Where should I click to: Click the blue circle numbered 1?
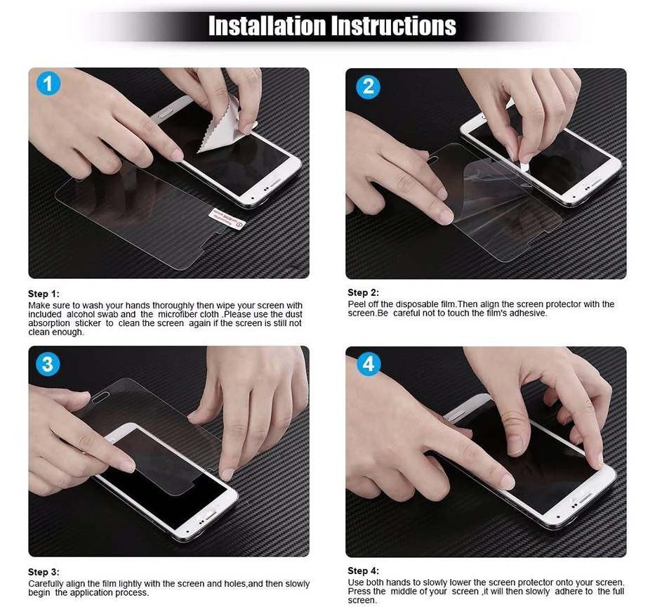click(x=48, y=84)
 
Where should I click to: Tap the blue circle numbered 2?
click(x=368, y=86)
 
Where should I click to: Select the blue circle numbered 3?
click(x=48, y=364)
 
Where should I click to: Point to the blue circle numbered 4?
click(x=368, y=364)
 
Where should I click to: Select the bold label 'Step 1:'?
click(x=44, y=294)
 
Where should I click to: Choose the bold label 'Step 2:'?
click(x=363, y=292)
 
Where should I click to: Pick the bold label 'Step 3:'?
click(x=44, y=572)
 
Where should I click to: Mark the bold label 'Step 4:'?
click(x=363, y=571)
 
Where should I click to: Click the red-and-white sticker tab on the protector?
click(x=227, y=218)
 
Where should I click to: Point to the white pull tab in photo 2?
click(x=522, y=156)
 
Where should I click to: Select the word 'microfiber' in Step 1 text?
click(x=176, y=314)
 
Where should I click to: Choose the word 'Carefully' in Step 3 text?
click(x=46, y=584)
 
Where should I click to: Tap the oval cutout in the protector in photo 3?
click(x=100, y=400)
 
